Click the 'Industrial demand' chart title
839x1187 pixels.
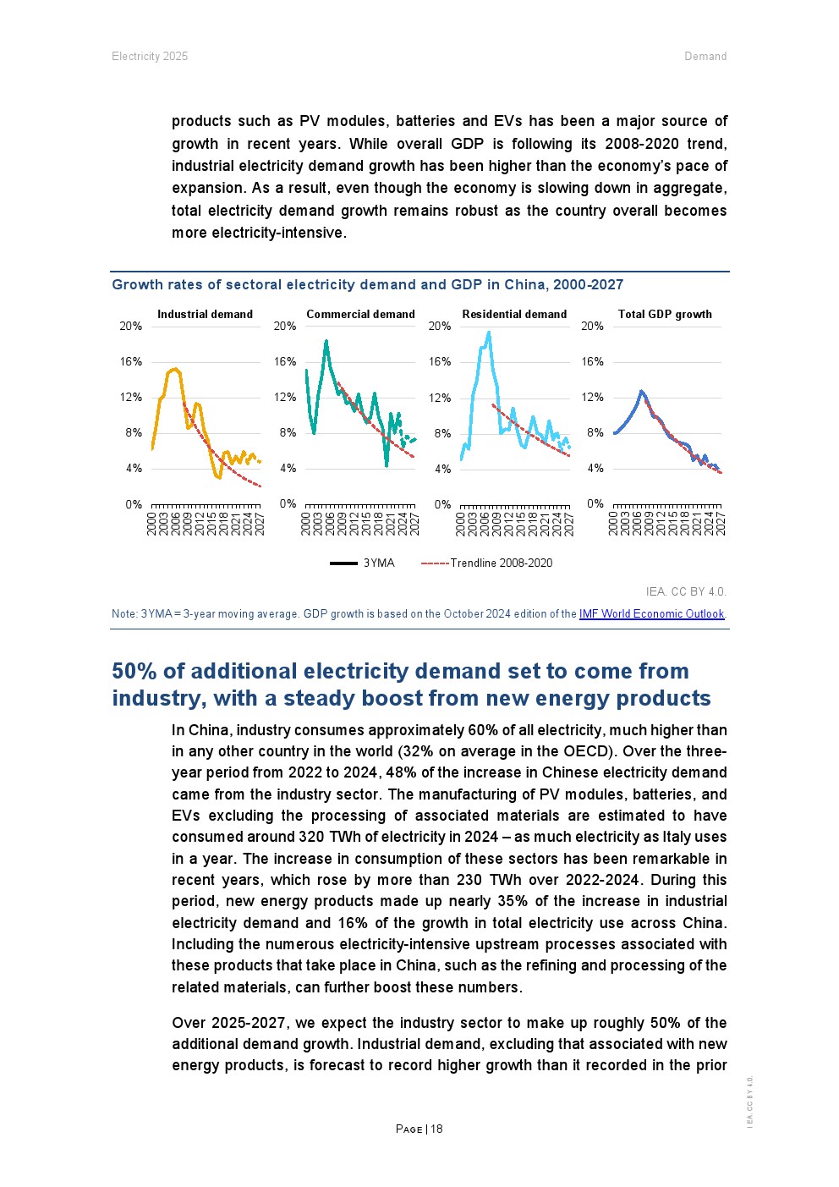(x=205, y=314)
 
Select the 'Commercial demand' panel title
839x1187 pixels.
(x=360, y=314)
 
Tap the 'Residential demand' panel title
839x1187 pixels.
(x=514, y=314)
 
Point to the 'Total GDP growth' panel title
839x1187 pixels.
(x=665, y=314)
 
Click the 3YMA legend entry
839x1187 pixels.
(x=363, y=563)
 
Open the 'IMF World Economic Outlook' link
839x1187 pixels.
(x=651, y=613)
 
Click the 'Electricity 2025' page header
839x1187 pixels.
(x=150, y=56)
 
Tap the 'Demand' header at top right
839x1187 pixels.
(x=705, y=56)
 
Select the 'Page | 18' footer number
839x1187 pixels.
(x=419, y=1129)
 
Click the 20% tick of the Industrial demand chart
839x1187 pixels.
(x=130, y=326)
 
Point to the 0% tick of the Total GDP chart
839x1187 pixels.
(x=595, y=503)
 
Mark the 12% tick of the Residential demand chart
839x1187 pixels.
(x=440, y=398)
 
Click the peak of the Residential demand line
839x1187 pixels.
(x=489, y=332)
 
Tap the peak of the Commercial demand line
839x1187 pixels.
(x=326, y=341)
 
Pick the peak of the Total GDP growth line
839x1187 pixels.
(x=642, y=391)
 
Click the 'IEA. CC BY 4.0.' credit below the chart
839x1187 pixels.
(x=686, y=591)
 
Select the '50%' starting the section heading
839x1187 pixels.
(x=134, y=671)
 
